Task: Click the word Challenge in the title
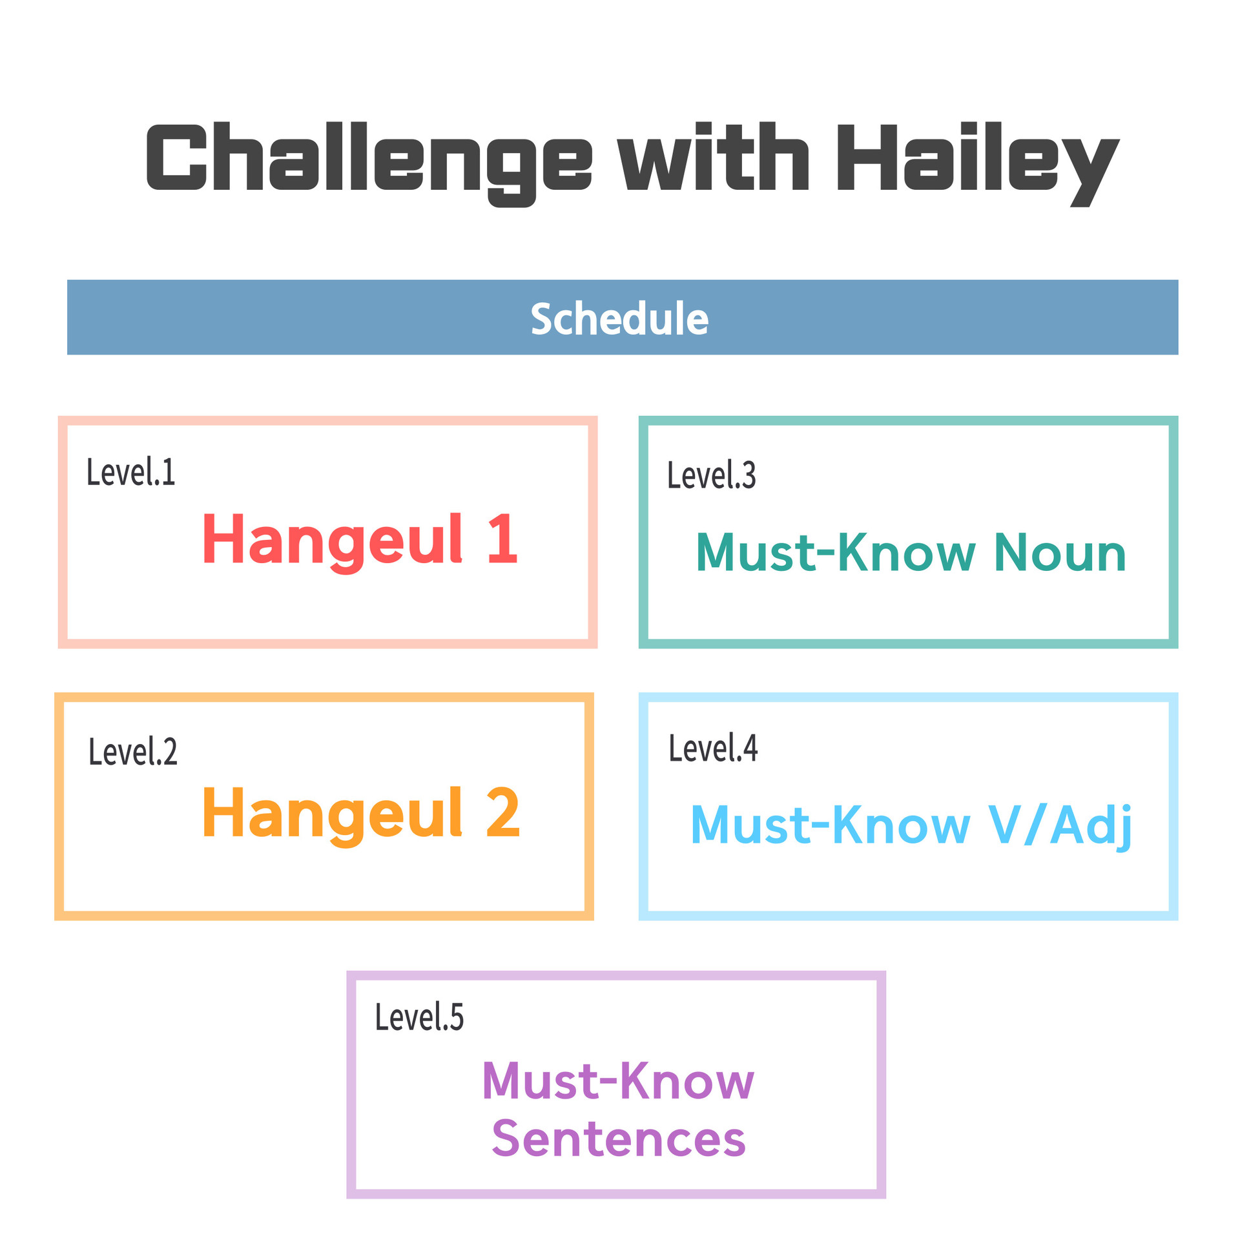pyautogui.click(x=369, y=164)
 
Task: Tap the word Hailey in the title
pyautogui.click(x=978, y=164)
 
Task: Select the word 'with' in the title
pyautogui.click(x=713, y=156)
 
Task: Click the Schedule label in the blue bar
pyautogui.click(x=619, y=318)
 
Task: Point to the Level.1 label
pyautogui.click(x=131, y=471)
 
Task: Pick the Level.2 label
pyautogui.click(x=133, y=751)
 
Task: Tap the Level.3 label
pyautogui.click(x=711, y=475)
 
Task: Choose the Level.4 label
pyautogui.click(x=713, y=748)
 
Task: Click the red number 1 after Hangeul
pyautogui.click(x=503, y=539)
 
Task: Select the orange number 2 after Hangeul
pyautogui.click(x=503, y=812)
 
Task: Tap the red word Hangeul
pyautogui.click(x=333, y=542)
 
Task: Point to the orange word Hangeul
pyautogui.click(x=333, y=816)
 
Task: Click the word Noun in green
pyautogui.click(x=1060, y=552)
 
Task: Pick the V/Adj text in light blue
pyautogui.click(x=1060, y=827)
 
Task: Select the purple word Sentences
pyautogui.click(x=619, y=1139)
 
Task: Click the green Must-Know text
pyautogui.click(x=836, y=552)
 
